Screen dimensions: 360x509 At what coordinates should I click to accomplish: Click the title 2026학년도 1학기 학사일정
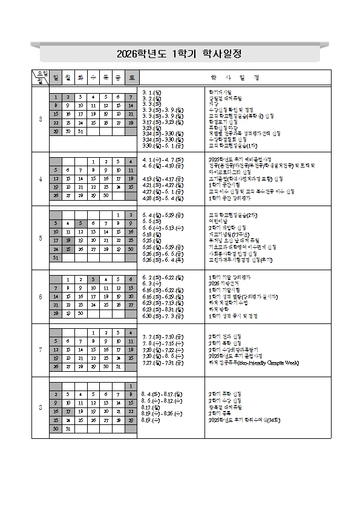click(180, 54)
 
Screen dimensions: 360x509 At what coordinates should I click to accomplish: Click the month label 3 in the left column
click(41, 119)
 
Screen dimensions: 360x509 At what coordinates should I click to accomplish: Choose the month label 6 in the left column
click(41, 297)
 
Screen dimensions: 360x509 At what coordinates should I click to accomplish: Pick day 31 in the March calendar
click(80, 131)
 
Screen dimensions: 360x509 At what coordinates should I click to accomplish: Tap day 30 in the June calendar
click(80, 314)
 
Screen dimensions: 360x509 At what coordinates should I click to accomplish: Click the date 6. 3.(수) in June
click(150, 283)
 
